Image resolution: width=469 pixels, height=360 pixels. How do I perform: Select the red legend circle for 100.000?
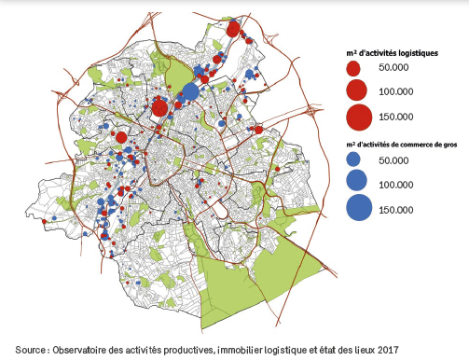point(355,91)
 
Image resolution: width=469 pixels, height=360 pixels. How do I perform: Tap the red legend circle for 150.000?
point(358,117)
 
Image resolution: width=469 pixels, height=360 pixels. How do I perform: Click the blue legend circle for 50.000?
point(352,161)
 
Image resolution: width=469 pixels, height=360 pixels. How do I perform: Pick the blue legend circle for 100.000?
point(355,183)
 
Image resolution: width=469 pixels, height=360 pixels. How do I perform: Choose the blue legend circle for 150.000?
point(358,208)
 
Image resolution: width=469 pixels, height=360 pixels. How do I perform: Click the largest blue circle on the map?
point(189,91)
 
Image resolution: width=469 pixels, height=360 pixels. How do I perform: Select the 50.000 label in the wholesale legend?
point(394,161)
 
